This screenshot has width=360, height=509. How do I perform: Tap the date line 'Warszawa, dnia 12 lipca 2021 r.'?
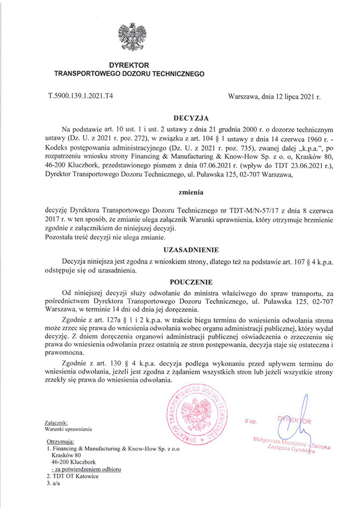click(x=274, y=98)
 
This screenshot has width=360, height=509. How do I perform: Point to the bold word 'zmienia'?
click(x=190, y=190)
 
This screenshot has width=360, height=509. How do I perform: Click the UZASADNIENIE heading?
click(x=190, y=249)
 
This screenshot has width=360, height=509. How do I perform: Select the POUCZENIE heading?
click(x=190, y=281)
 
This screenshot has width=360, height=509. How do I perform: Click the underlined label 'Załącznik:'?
click(x=56, y=422)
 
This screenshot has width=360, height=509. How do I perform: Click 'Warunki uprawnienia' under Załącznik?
click(x=69, y=429)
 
